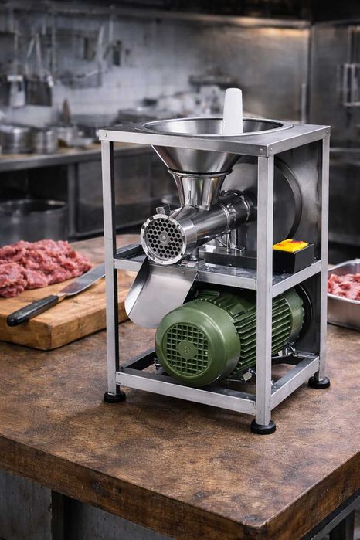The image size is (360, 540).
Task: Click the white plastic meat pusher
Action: [232, 110]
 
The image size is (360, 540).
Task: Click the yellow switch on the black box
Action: [291, 246]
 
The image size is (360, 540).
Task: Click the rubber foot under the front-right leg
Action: [263, 426]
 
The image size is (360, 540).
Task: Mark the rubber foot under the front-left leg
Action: [115, 396]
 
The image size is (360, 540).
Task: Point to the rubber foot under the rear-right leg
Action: [319, 382]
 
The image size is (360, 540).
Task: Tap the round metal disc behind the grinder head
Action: [278, 197]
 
